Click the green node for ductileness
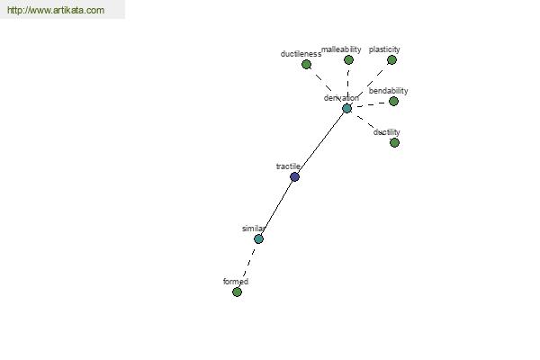coord(306,65)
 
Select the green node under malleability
coord(348,60)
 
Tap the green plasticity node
coord(391,60)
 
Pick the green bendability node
coord(393,102)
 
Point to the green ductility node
coord(395,142)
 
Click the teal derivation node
coord(347,109)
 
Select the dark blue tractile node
coord(294,177)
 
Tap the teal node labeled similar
coord(258,238)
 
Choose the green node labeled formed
coord(237,292)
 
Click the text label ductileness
coord(301,54)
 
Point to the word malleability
coord(341,49)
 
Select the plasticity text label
coord(384,49)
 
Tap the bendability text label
coord(389,91)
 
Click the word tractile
coord(288,166)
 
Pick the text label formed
coord(236,282)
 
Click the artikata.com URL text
coord(56,10)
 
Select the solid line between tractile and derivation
coord(321,142)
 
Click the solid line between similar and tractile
coord(276,208)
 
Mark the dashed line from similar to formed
coord(248,264)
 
